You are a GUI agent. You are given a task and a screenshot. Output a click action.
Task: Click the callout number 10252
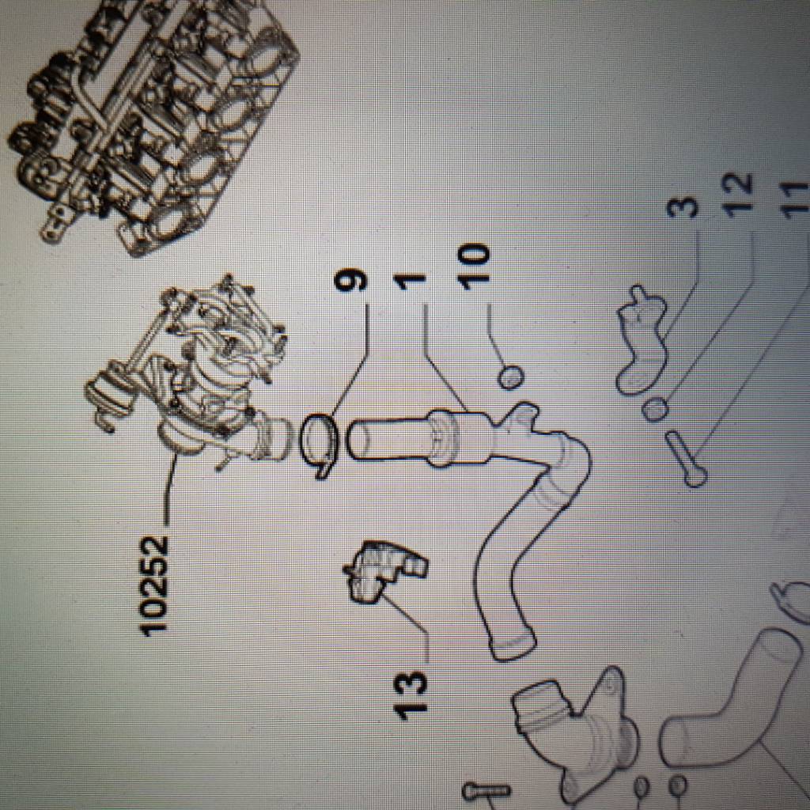tap(154, 585)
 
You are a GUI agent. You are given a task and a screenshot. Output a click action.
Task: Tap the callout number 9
tap(350, 282)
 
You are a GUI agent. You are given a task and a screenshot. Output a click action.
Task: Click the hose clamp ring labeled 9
tap(319, 445)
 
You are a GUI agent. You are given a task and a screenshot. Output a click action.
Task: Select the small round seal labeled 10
tap(511, 377)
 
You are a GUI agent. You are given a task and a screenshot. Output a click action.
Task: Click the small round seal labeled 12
tap(656, 409)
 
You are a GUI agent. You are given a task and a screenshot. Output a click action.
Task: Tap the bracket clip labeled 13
tap(384, 571)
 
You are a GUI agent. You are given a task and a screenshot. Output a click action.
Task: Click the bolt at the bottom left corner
tap(486, 791)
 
